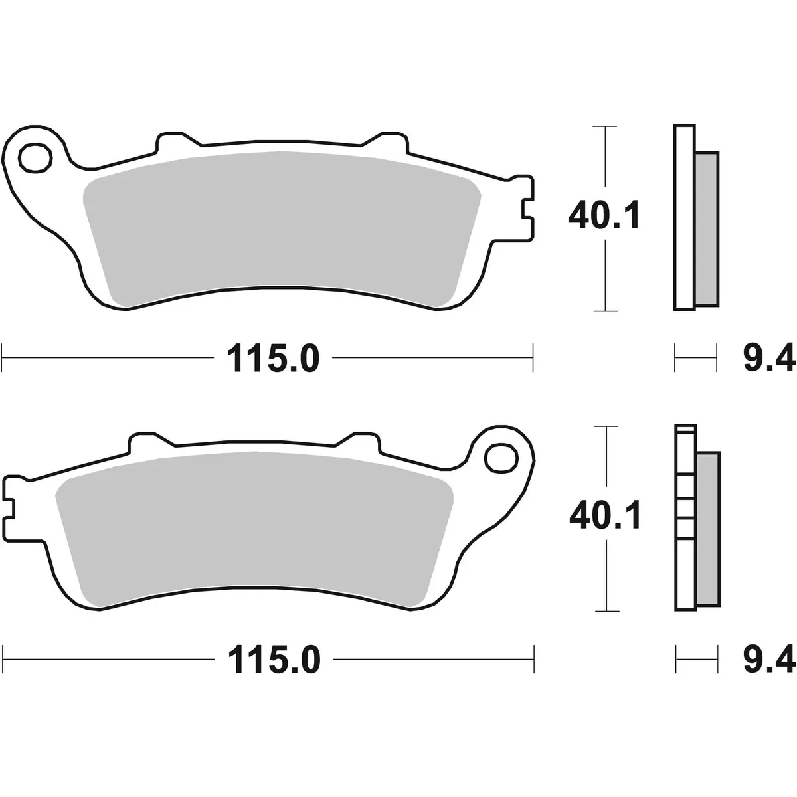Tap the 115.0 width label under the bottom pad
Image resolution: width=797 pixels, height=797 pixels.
[x=273, y=660]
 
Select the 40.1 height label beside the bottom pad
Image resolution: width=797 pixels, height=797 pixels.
[x=604, y=516]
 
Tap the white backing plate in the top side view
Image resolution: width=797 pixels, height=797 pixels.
[x=684, y=217]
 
